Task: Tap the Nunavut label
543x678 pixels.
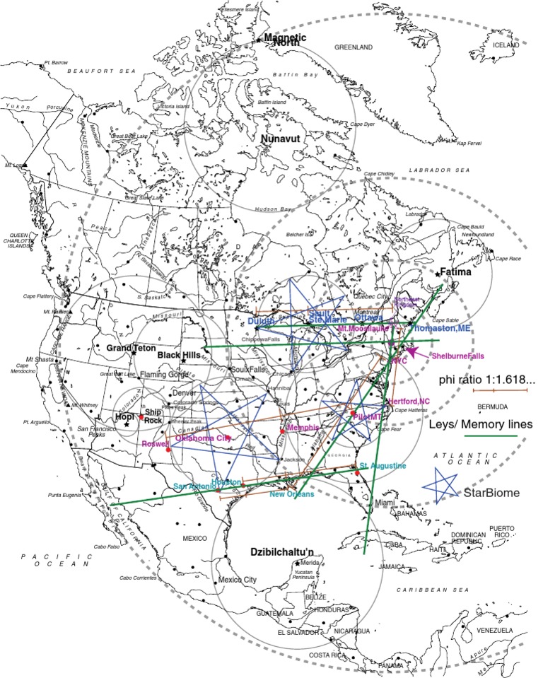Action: coord(281,139)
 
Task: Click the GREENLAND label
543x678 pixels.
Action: coord(353,47)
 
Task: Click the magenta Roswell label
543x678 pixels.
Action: coord(155,444)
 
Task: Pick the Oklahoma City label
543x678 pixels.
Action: coord(203,438)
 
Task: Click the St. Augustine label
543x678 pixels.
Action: coord(383,466)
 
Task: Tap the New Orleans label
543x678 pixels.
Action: coord(291,494)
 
